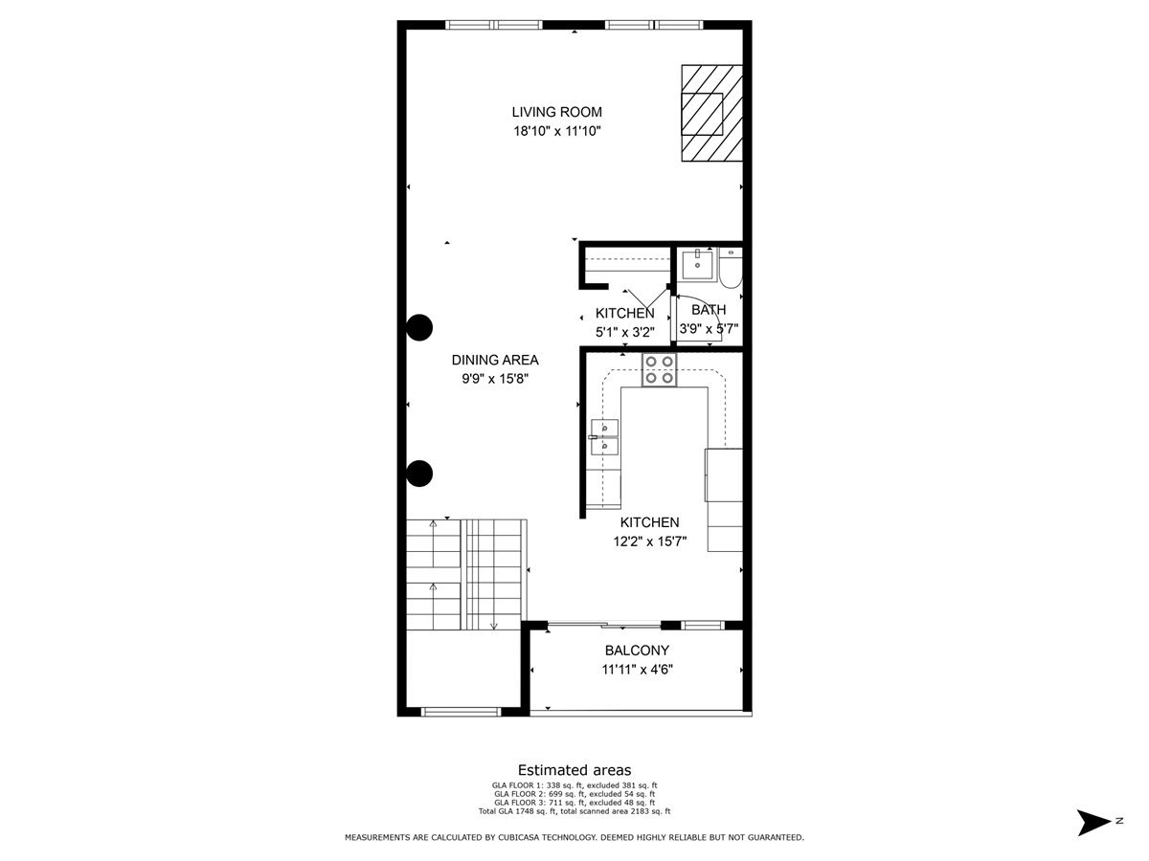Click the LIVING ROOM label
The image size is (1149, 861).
tap(556, 112)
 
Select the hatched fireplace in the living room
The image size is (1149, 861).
tap(711, 113)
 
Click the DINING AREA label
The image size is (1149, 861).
tap(495, 360)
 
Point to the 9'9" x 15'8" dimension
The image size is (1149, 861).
tap(495, 379)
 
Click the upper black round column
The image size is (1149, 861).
tap(418, 327)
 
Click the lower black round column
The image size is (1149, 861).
tap(418, 473)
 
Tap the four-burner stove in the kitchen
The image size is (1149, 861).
tap(659, 369)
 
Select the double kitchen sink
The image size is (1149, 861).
tap(604, 437)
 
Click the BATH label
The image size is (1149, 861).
tap(709, 310)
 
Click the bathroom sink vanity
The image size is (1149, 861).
tap(699, 265)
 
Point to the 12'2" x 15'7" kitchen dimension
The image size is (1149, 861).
tap(649, 541)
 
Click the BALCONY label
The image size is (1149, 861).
tap(637, 651)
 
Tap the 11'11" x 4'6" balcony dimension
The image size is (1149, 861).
tap(637, 670)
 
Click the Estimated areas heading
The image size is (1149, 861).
tap(574, 770)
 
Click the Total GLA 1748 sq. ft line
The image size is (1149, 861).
tap(574, 811)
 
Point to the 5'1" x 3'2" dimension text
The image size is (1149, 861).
tap(624, 332)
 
